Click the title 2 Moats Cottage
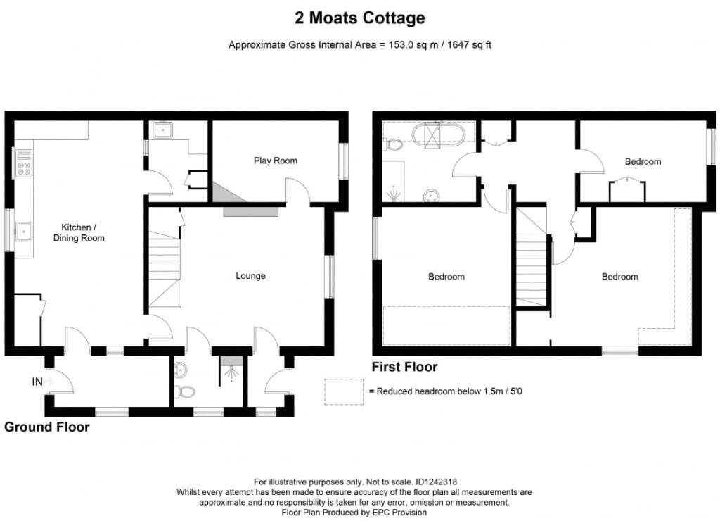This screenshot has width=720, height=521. pyautogui.click(x=359, y=18)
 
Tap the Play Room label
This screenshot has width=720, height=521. pyautogui.click(x=276, y=161)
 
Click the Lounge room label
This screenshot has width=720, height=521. pyautogui.click(x=250, y=276)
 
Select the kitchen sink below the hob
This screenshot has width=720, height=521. pyautogui.click(x=23, y=230)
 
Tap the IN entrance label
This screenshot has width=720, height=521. pyautogui.click(x=37, y=382)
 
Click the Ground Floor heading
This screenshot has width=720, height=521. pyautogui.click(x=47, y=427)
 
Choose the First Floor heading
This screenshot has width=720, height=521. pyautogui.click(x=404, y=367)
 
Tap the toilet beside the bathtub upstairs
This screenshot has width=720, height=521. pyautogui.click(x=394, y=145)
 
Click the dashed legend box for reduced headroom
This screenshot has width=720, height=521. pyautogui.click(x=344, y=391)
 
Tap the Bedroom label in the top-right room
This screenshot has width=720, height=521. pyautogui.click(x=643, y=161)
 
